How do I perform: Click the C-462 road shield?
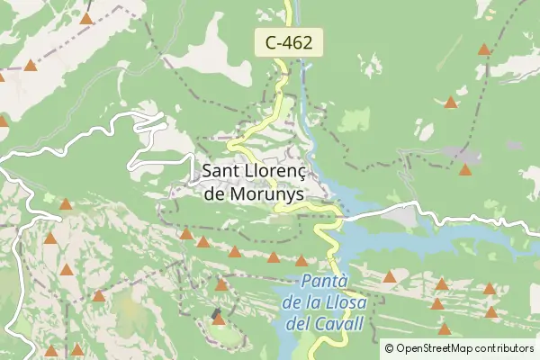(288, 41)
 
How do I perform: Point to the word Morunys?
(266, 193)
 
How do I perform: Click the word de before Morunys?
(216, 193)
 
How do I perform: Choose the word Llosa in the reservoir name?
(343, 301)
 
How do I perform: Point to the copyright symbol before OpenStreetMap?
(389, 347)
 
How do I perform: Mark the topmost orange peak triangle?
(86, 17)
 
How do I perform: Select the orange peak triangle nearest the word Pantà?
(301, 261)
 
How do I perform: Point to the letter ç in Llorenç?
(300, 172)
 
